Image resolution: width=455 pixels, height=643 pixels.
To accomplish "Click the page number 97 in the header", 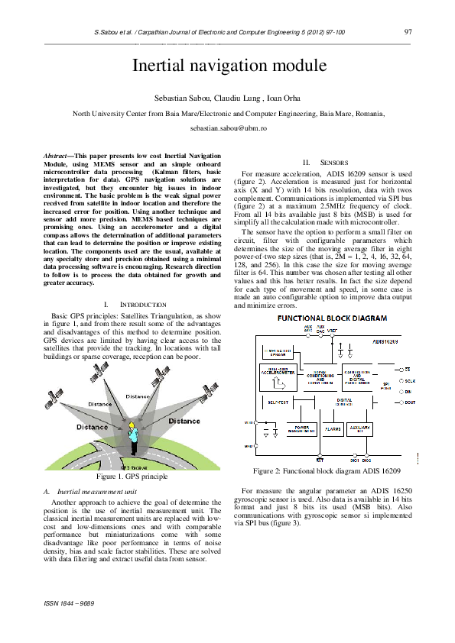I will (x=408, y=32).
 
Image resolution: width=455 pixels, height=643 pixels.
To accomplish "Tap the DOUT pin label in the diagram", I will (x=409, y=402).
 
